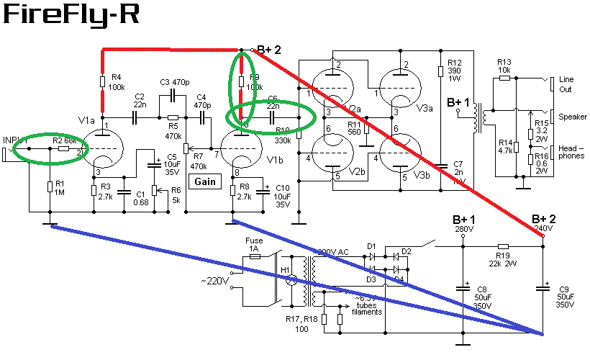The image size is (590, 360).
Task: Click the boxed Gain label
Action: [x=204, y=182]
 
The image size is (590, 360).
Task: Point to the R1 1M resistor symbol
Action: [x=49, y=187]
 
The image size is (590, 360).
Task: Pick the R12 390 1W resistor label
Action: [x=454, y=71]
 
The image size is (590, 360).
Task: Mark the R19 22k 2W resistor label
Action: [x=503, y=258]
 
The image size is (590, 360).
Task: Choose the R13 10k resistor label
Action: [x=504, y=66]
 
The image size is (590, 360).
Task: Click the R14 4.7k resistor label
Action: [x=504, y=146]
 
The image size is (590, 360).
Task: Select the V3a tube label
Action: [x=425, y=109]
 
